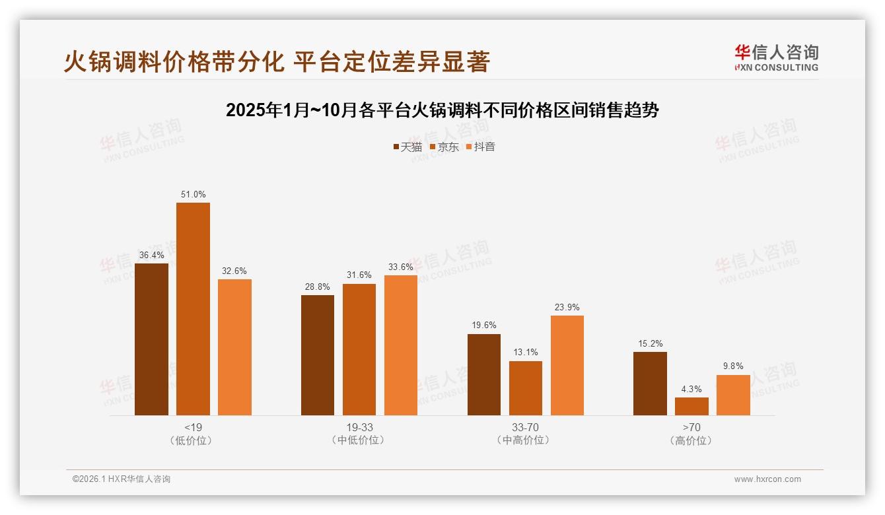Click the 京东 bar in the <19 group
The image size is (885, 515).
tap(193, 309)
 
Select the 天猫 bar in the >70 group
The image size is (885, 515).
tap(650, 384)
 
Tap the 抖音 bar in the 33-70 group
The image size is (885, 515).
tap(567, 365)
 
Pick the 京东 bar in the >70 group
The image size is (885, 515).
tap(691, 406)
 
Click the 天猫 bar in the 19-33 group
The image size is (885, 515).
tap(318, 355)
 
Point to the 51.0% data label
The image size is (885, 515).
tap(193, 195)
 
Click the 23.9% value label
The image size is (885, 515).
tap(567, 308)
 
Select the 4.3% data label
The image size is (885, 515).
tap(691, 390)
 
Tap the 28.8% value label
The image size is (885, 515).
tap(318, 287)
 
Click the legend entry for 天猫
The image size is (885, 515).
tap(407, 147)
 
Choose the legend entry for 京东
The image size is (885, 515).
tap(444, 147)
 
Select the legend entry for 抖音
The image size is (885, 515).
tap(481, 147)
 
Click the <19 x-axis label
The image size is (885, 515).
tap(193, 427)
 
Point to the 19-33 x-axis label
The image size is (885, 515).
tap(359, 427)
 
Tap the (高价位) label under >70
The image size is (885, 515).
tap(691, 440)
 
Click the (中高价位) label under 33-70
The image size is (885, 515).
tap(525, 440)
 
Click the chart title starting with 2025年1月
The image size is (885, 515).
tap(442, 110)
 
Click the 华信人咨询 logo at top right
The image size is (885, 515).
tap(776, 57)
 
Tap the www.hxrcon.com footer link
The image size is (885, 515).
tap(767, 479)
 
